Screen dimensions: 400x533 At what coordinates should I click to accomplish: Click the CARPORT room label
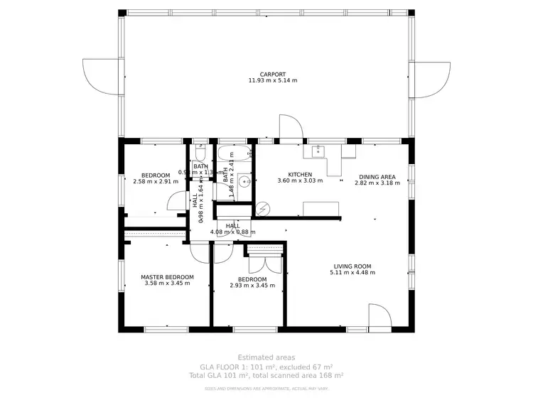click(x=272, y=74)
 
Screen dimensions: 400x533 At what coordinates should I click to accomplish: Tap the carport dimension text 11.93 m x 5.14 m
click(x=272, y=80)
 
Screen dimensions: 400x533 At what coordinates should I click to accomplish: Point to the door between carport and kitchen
click(x=291, y=128)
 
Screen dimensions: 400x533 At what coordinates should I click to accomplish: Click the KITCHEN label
click(x=299, y=174)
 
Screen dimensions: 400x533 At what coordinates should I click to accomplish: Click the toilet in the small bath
click(x=200, y=154)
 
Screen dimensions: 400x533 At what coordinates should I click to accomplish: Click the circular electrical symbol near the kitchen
click(x=262, y=208)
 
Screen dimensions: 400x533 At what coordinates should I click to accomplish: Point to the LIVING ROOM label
click(x=352, y=267)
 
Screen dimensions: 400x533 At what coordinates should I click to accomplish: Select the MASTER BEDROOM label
click(x=167, y=277)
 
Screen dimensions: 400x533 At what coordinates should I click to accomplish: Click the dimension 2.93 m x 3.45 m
click(x=252, y=286)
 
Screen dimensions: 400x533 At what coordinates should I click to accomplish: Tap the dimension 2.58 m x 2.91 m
click(x=155, y=181)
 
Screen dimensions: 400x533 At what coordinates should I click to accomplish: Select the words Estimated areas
click(x=266, y=357)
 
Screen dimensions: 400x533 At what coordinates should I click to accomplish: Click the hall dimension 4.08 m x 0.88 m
click(x=232, y=231)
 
